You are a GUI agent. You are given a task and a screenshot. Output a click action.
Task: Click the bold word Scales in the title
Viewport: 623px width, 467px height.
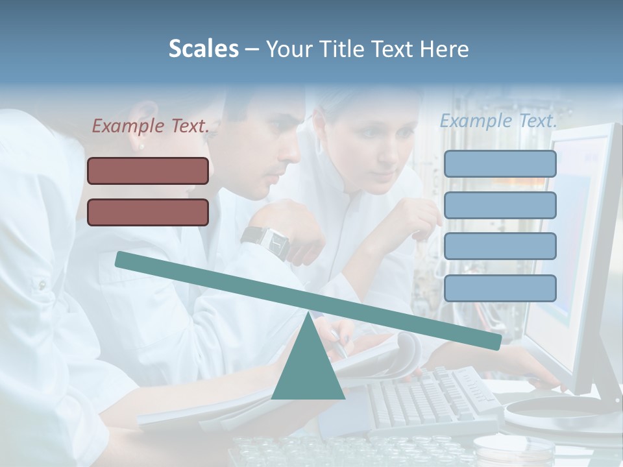[x=203, y=49]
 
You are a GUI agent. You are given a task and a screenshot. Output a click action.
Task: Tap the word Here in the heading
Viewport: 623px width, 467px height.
[x=445, y=49]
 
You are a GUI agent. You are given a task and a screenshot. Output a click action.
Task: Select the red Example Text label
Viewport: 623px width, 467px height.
[x=151, y=126]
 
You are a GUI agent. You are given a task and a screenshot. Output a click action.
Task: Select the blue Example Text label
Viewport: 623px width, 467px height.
[x=498, y=121]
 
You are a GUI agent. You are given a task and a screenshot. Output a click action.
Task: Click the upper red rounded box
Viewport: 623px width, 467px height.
[x=148, y=171]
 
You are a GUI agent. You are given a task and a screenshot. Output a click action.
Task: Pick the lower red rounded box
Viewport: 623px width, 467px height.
[x=148, y=212]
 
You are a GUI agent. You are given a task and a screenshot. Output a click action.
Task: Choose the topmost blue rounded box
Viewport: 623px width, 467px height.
[x=500, y=163]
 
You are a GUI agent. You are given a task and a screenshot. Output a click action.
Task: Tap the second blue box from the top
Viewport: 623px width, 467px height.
[x=500, y=205]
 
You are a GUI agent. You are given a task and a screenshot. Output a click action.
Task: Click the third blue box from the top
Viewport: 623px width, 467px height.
[x=500, y=246]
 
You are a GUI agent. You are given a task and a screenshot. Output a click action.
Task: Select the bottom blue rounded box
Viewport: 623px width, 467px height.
[x=500, y=288]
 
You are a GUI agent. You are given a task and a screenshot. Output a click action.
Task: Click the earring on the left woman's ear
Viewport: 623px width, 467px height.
[x=141, y=147]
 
